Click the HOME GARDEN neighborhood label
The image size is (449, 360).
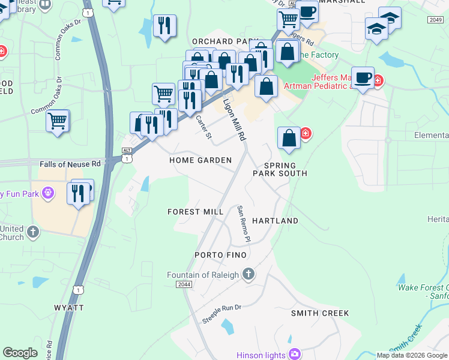tap(200, 160)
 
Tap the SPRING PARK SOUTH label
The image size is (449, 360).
tap(280, 169)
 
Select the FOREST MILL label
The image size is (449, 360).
tap(195, 212)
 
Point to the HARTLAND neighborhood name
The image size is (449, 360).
tap(275, 221)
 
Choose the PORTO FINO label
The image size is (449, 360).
tap(220, 255)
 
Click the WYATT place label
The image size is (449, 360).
tap(68, 307)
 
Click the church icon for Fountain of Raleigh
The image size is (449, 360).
tap(249, 275)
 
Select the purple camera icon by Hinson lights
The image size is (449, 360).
tap(295, 354)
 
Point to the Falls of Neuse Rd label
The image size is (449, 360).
tap(71, 164)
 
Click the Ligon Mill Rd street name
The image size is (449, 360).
tap(235, 119)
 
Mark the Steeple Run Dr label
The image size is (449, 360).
tap(221, 314)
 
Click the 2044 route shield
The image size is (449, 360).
tap(185, 284)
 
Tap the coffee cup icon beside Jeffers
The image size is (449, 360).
tap(363, 78)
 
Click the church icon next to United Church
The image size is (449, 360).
tap(32, 231)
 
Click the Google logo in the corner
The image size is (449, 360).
tap(20, 353)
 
